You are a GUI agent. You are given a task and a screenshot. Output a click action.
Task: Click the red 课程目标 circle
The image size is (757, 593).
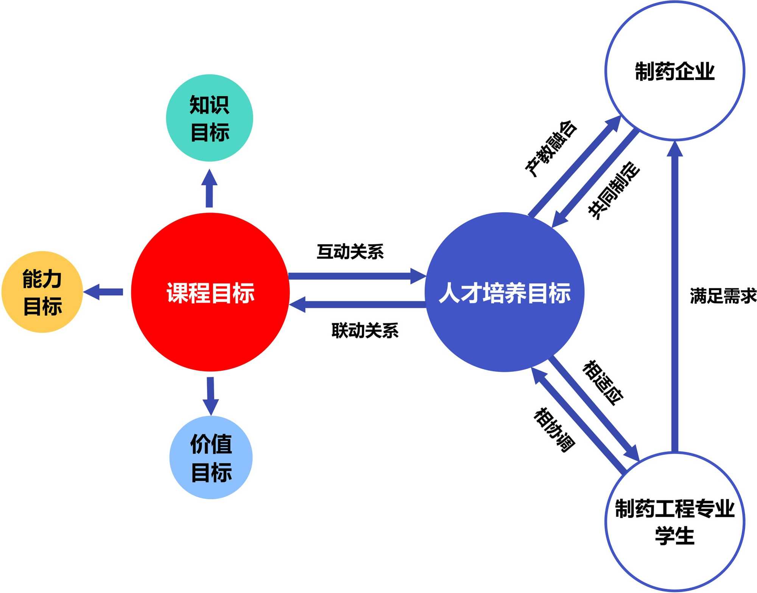pyautogui.click(x=210, y=292)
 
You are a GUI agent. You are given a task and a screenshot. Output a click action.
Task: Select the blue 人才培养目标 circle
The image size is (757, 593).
pyautogui.click(x=504, y=292)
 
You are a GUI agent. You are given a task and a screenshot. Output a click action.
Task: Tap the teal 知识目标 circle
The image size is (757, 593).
pyautogui.click(x=209, y=118)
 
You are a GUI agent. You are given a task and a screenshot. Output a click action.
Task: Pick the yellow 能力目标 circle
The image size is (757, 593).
pyautogui.click(x=42, y=292)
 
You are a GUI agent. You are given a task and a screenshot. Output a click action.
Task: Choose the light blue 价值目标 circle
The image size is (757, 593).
pyautogui.click(x=211, y=457)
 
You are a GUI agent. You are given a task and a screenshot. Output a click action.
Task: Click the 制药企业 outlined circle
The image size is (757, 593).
pyautogui.click(x=674, y=71)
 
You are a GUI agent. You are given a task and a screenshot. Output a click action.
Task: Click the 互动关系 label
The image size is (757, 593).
pyautogui.click(x=350, y=252)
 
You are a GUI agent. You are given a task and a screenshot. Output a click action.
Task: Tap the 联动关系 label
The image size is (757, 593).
pyautogui.click(x=365, y=330)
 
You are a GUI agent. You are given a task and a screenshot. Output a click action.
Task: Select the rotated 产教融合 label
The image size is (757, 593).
pyautogui.click(x=551, y=149)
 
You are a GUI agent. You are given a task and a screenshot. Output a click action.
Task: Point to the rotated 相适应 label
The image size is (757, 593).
pyautogui.click(x=603, y=383)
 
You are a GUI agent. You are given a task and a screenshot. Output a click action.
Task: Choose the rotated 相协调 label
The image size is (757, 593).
pyautogui.click(x=554, y=430)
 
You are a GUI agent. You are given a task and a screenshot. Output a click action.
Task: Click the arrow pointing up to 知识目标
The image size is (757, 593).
pyautogui.click(x=209, y=189)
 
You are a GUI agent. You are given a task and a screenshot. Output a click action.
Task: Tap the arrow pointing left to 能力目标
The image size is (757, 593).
pyautogui.click(x=103, y=292)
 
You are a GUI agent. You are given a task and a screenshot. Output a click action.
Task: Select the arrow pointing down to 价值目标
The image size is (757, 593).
pyautogui.click(x=210, y=396)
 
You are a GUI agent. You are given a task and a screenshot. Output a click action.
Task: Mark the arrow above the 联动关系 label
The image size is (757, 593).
pyautogui.click(x=357, y=304)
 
